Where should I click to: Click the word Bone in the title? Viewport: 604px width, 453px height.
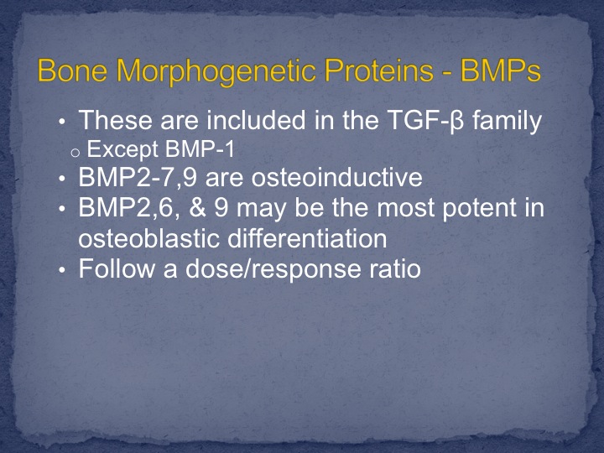pos(72,70)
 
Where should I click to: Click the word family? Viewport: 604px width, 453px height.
pos(507,121)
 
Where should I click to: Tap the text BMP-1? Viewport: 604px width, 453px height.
pos(200,148)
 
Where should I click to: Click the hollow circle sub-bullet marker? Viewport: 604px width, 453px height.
pos(75,153)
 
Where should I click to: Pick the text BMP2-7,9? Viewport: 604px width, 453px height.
pos(138,178)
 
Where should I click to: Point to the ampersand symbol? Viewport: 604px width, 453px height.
pos(197,208)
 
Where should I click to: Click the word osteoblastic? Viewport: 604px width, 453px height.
pos(149,238)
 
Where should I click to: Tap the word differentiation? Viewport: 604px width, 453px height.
pos(307,238)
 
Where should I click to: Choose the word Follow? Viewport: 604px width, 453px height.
pos(117,268)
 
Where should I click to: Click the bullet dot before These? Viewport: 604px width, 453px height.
pos(62,122)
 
